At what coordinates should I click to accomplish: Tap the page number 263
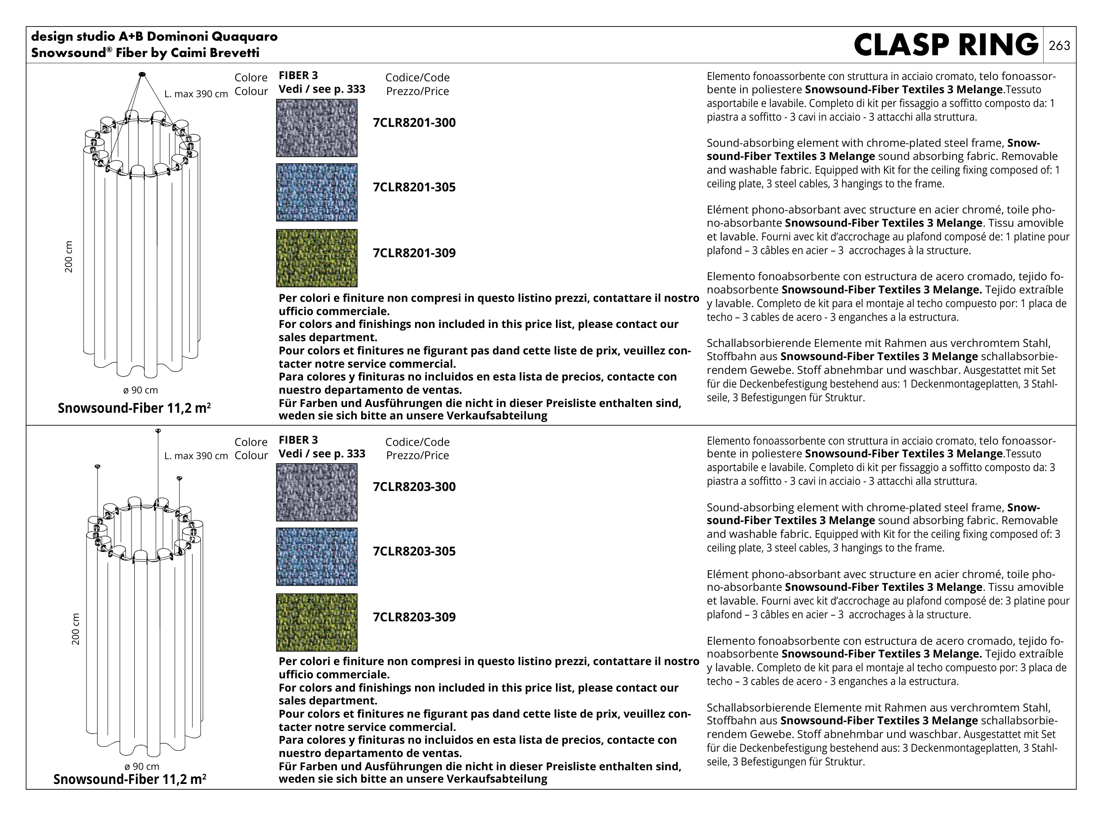point(1059,46)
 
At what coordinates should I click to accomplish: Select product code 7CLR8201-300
point(414,123)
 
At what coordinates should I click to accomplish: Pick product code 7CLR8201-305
point(414,187)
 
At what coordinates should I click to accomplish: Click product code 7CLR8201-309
point(414,253)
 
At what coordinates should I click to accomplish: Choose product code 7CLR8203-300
point(414,487)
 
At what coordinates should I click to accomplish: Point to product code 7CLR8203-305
point(414,552)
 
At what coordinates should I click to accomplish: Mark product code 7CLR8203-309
point(414,617)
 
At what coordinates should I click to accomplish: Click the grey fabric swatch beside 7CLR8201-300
point(317,128)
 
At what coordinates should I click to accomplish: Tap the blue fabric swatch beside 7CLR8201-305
point(317,193)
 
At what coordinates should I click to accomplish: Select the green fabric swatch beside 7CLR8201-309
point(317,258)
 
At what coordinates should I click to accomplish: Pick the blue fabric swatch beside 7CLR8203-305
point(317,557)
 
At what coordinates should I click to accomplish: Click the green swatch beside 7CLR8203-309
point(317,622)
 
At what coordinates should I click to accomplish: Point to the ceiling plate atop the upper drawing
point(142,74)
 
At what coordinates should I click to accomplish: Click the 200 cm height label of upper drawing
point(68,257)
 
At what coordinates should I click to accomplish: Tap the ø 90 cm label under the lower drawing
point(142,767)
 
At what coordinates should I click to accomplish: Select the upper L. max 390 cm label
point(196,94)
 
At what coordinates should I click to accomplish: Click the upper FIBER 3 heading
point(298,76)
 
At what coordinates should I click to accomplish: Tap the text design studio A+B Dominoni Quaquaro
point(154,37)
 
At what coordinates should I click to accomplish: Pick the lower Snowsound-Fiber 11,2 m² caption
point(129,780)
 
